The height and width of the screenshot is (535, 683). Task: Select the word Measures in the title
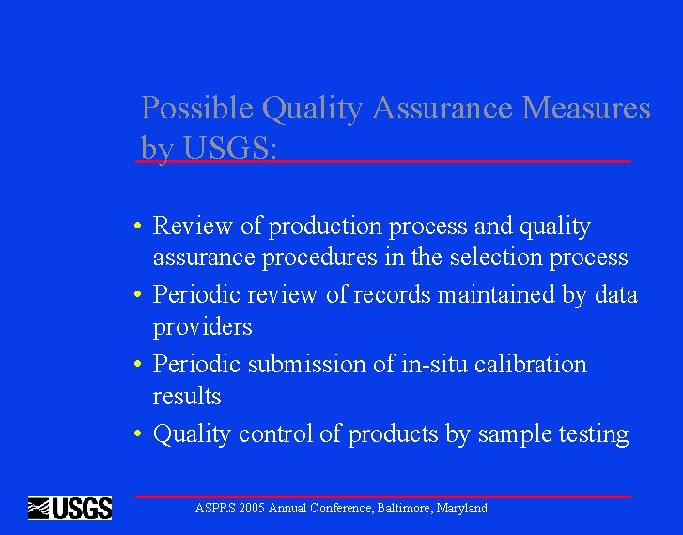[x=586, y=109]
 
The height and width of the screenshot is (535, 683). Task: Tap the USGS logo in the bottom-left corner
[x=70, y=509]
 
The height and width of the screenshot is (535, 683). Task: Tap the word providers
[x=202, y=327]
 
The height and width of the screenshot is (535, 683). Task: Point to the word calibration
[x=530, y=364]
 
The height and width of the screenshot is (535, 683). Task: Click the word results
[x=187, y=396]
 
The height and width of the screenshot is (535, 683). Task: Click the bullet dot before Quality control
[x=137, y=434]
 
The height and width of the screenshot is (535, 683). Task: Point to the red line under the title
[x=383, y=162]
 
